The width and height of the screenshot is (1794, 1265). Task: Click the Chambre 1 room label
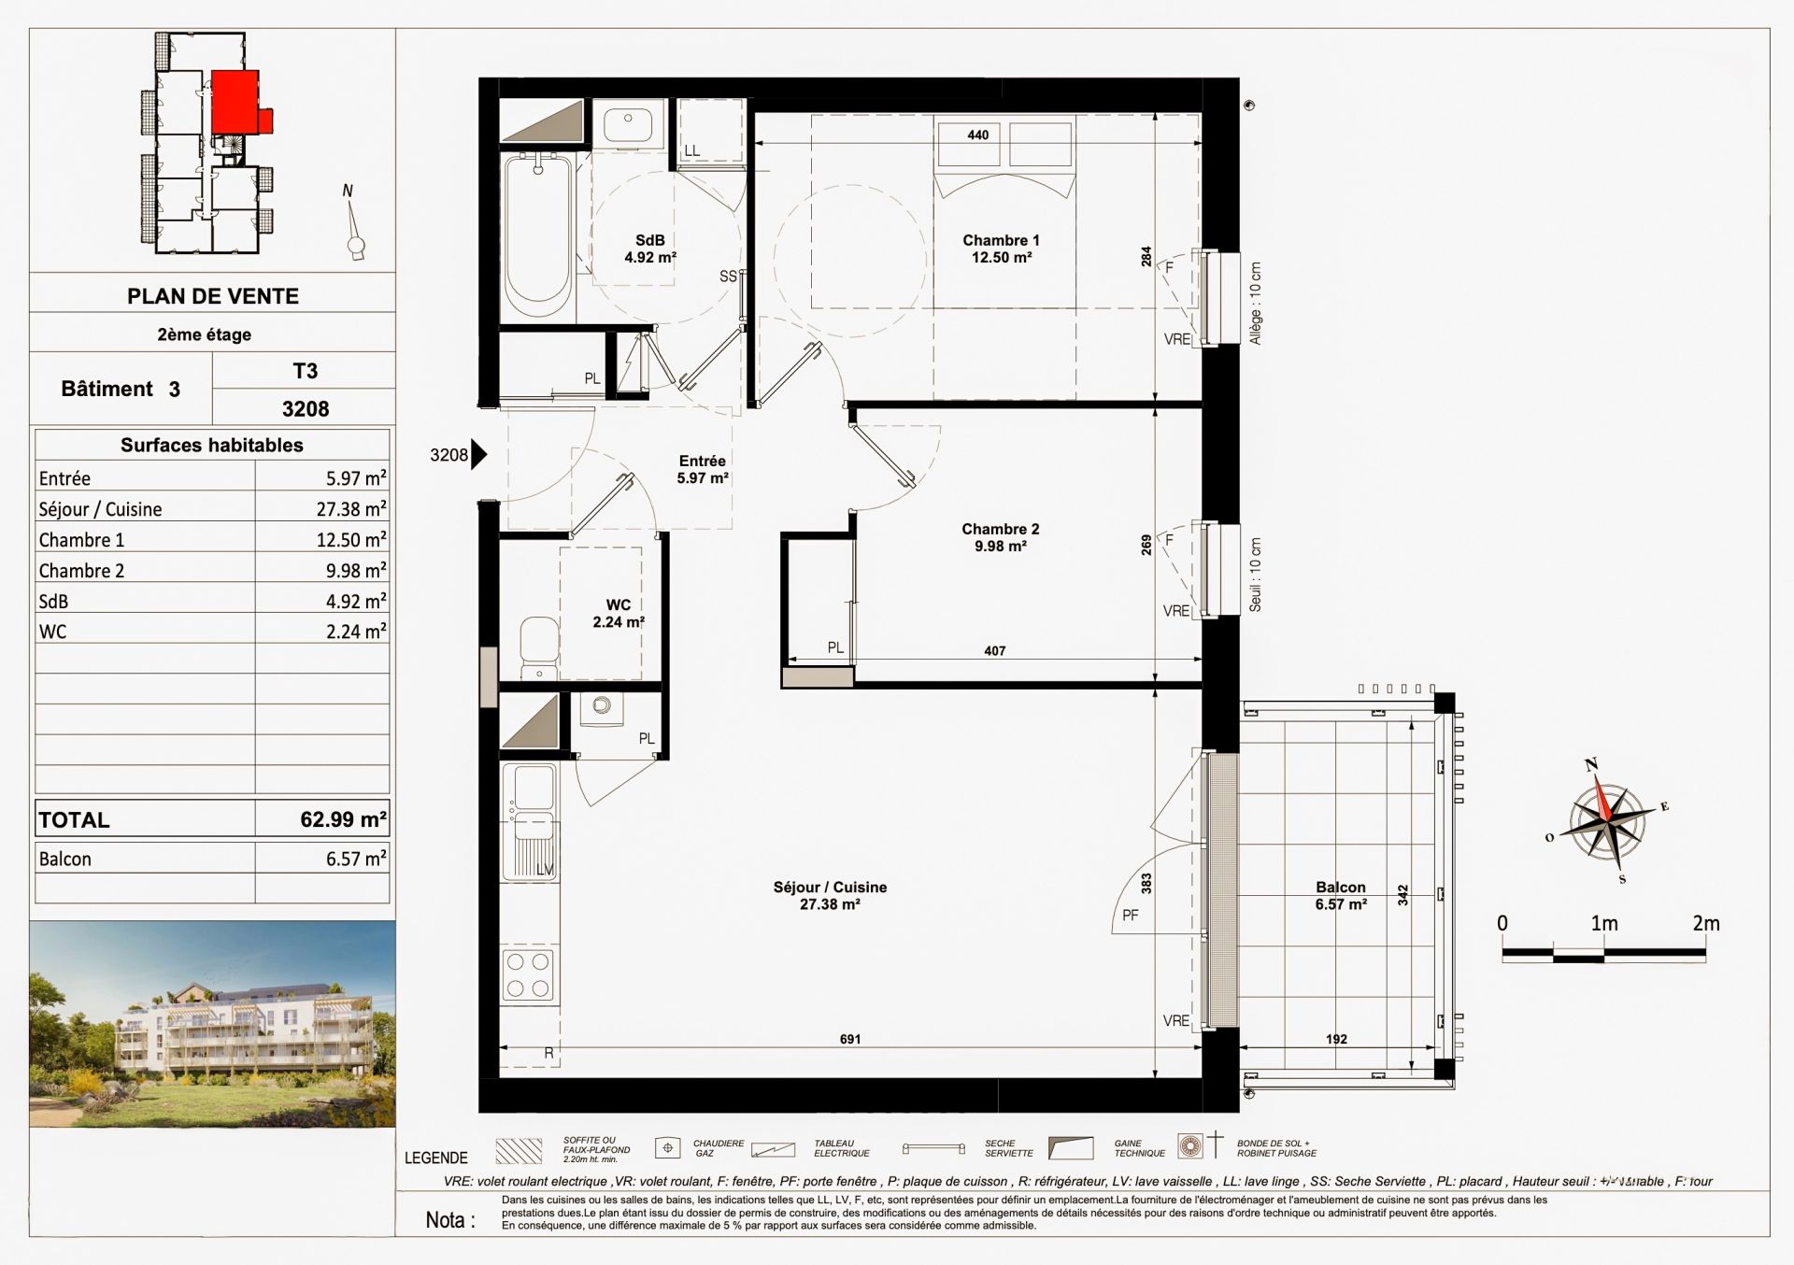(1001, 249)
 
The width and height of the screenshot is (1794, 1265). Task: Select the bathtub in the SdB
(537, 237)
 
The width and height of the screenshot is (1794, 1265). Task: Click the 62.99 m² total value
(343, 819)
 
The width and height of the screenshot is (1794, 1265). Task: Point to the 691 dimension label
(849, 1039)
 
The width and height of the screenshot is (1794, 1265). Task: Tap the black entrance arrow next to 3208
(478, 455)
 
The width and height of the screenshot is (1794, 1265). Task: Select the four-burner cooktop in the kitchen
(528, 974)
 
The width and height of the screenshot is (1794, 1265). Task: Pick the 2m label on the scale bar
(1705, 923)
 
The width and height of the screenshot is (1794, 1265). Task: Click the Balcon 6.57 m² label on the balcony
(1340, 895)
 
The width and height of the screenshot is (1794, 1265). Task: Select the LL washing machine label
(691, 151)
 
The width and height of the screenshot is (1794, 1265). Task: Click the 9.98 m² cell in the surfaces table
(355, 570)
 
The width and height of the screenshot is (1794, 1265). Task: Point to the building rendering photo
(212, 1023)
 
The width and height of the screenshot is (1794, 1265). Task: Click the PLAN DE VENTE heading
(212, 296)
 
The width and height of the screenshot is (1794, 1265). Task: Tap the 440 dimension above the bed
(977, 135)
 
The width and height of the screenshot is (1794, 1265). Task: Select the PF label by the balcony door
(1131, 916)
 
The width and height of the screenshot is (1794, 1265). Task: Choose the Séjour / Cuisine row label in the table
(100, 509)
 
